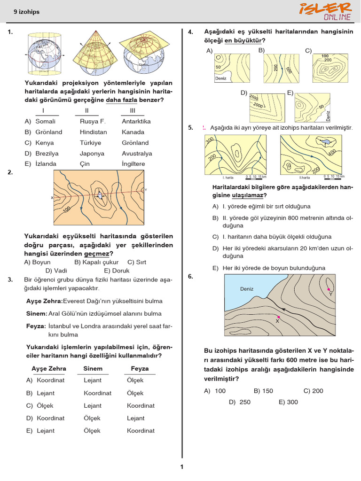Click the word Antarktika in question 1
click(136, 121)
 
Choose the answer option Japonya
click(92, 154)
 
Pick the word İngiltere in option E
click(133, 164)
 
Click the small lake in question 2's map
click(100, 195)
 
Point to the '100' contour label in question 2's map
click(66, 208)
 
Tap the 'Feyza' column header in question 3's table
click(140, 369)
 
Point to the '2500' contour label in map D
click(254, 97)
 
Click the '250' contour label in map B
click(275, 67)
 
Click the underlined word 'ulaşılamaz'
click(248, 195)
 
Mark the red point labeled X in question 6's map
click(279, 318)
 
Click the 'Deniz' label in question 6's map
click(247, 289)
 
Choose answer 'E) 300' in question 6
click(288, 402)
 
